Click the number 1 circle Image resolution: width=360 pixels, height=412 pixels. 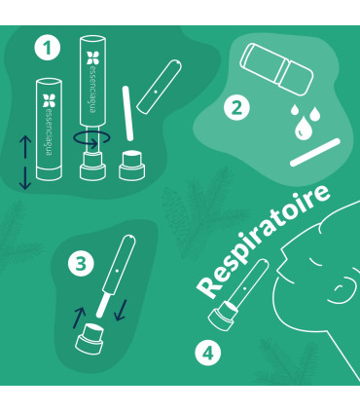coord(42,47)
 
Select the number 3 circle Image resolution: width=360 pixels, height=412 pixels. coord(84,261)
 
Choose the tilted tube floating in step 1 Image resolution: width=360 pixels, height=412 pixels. coord(158,86)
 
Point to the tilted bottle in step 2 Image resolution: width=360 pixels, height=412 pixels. coord(274,70)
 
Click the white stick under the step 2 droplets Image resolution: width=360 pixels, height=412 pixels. coord(315,150)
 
